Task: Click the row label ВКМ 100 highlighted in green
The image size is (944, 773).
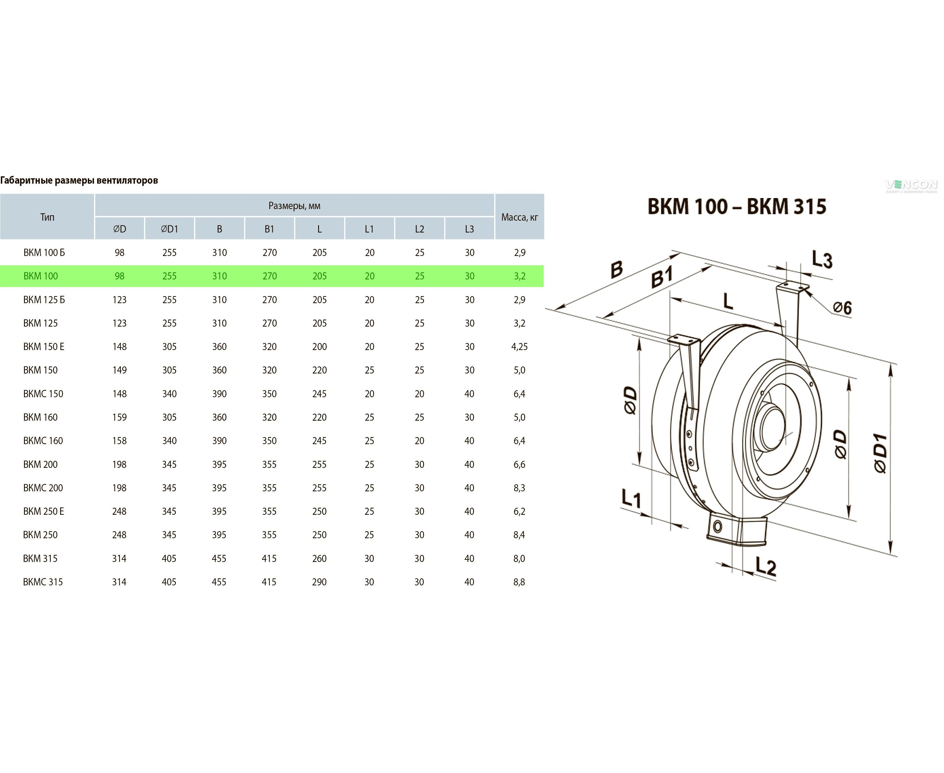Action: pyautogui.click(x=40, y=276)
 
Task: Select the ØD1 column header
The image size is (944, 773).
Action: pyautogui.click(x=169, y=229)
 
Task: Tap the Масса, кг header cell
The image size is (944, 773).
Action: pyautogui.click(x=519, y=217)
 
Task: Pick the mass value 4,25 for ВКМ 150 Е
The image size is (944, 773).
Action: pyautogui.click(x=519, y=346)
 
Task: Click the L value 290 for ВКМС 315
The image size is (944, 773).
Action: pyautogui.click(x=319, y=582)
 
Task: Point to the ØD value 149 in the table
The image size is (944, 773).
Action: pyautogui.click(x=119, y=370)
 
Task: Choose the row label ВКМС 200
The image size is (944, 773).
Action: pyautogui.click(x=43, y=488)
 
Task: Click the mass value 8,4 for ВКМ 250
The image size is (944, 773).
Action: pyautogui.click(x=519, y=535)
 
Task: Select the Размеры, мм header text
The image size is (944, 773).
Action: pyautogui.click(x=294, y=206)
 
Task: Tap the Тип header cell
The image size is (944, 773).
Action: pyautogui.click(x=47, y=217)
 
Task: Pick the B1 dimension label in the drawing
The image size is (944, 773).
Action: pyautogui.click(x=662, y=277)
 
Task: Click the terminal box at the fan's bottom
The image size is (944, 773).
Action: pyautogui.click(x=736, y=532)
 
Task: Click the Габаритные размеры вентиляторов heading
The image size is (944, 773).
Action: pyautogui.click(x=79, y=180)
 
